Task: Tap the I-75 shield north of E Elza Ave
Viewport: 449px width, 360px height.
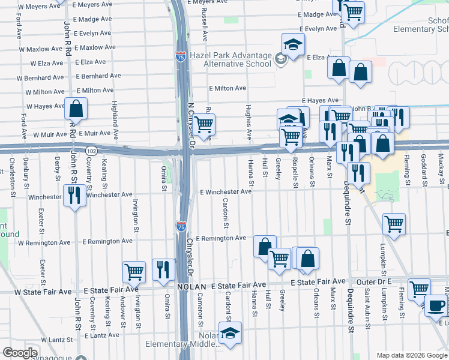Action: [x=181, y=56]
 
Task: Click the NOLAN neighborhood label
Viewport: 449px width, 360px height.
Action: [x=191, y=287]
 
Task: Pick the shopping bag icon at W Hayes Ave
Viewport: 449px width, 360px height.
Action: [x=76, y=110]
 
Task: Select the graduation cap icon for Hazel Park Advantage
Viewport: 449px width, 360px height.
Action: [x=293, y=45]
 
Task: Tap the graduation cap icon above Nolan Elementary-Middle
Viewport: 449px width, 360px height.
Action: [x=229, y=333]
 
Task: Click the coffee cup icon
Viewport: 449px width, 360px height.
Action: [x=436, y=305]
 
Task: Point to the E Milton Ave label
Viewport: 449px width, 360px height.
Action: [x=228, y=88]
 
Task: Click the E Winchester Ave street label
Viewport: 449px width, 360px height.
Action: [x=225, y=192]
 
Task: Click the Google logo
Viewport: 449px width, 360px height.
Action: [x=20, y=353]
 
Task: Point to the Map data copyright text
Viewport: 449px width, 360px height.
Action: [x=412, y=355]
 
